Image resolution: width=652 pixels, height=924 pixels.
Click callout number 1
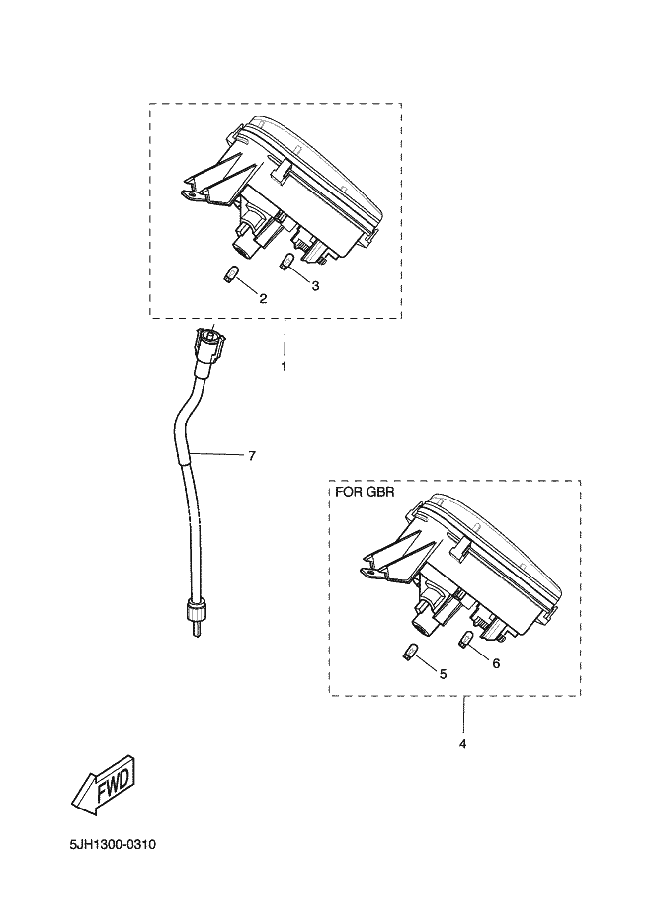(285, 366)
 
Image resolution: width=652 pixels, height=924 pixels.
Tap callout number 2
(263, 298)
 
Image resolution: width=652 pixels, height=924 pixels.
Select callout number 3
(315, 286)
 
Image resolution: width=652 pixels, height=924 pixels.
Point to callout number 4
(462, 743)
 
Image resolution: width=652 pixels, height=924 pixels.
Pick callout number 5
(442, 674)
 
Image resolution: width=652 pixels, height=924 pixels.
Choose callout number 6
(495, 663)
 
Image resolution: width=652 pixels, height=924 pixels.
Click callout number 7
(252, 455)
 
